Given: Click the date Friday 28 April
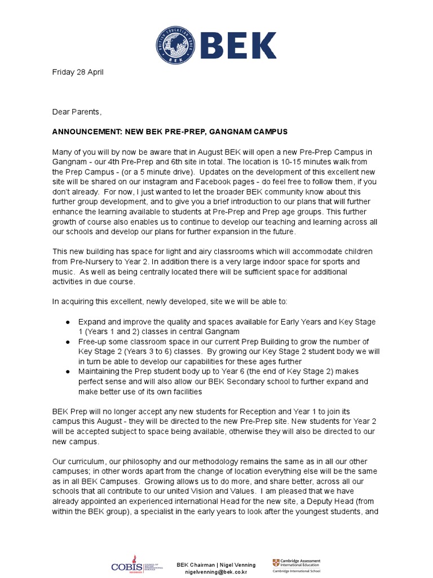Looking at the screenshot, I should click(x=78, y=72).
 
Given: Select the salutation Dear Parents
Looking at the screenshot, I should click(x=77, y=112).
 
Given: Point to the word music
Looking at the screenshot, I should click(x=63, y=272).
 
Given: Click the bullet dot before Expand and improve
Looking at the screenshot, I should click(x=68, y=322).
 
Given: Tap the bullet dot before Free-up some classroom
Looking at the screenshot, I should click(x=68, y=342).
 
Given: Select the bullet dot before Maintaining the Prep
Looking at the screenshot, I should click(x=68, y=371).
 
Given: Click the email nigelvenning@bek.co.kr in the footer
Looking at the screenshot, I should click(x=216, y=572).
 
